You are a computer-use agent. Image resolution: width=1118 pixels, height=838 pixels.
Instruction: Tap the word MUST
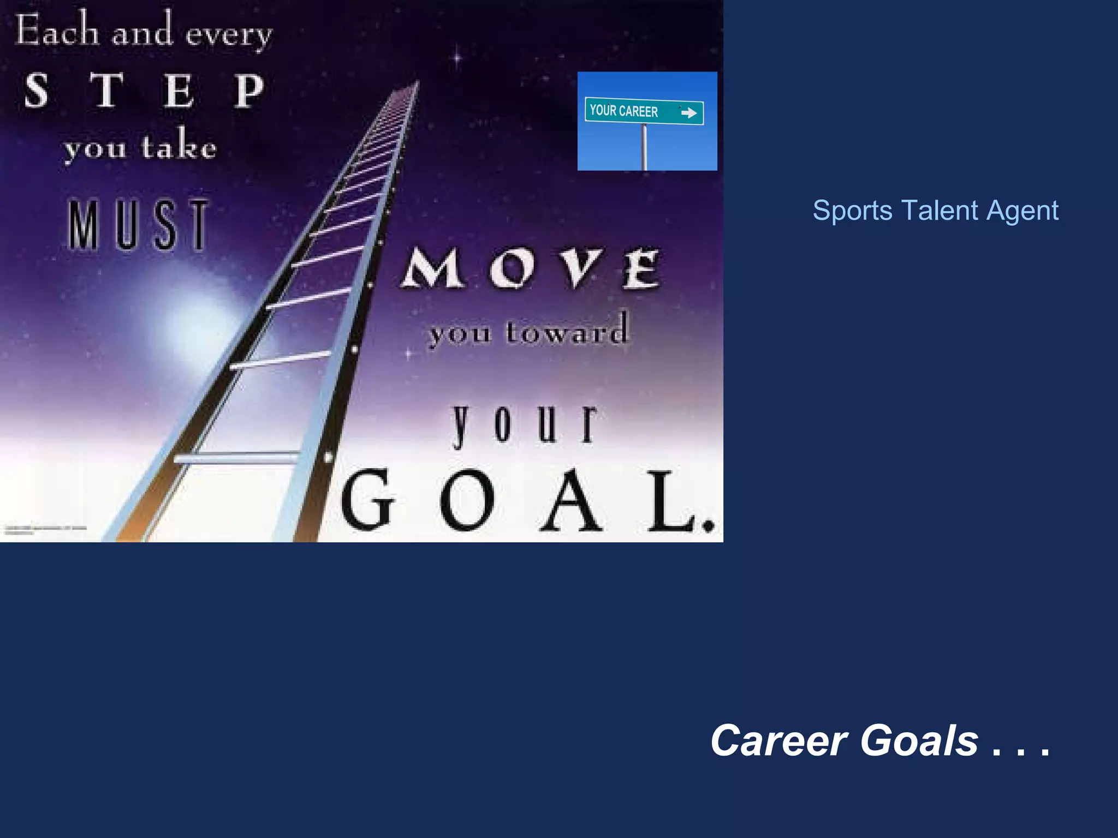[138, 225]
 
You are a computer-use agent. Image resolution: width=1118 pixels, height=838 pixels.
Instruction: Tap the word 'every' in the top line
[228, 34]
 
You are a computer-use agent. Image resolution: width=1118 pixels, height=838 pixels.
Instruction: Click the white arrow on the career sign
[689, 113]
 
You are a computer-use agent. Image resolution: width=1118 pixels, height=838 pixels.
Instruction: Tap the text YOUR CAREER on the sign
[624, 111]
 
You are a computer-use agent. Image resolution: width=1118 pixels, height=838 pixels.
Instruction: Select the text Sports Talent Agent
[935, 211]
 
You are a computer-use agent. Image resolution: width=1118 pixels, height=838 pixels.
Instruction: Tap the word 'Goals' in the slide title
[919, 740]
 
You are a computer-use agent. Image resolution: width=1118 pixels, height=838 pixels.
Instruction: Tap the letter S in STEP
[37, 91]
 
